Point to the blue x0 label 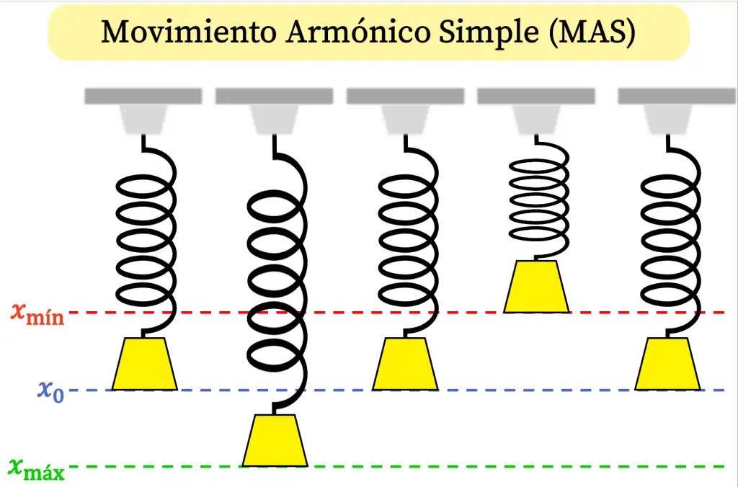(x=50, y=390)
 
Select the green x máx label (x=37, y=468)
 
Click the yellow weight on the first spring (x=144, y=365)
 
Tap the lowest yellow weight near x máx (x=275, y=441)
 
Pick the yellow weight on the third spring (x=405, y=365)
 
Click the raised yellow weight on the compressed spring (x=536, y=287)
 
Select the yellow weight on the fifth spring (x=667, y=365)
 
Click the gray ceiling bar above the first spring (x=143, y=96)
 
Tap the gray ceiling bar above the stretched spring (x=274, y=96)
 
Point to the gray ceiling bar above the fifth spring (x=676, y=96)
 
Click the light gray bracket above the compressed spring (x=535, y=119)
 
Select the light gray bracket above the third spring (x=405, y=119)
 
